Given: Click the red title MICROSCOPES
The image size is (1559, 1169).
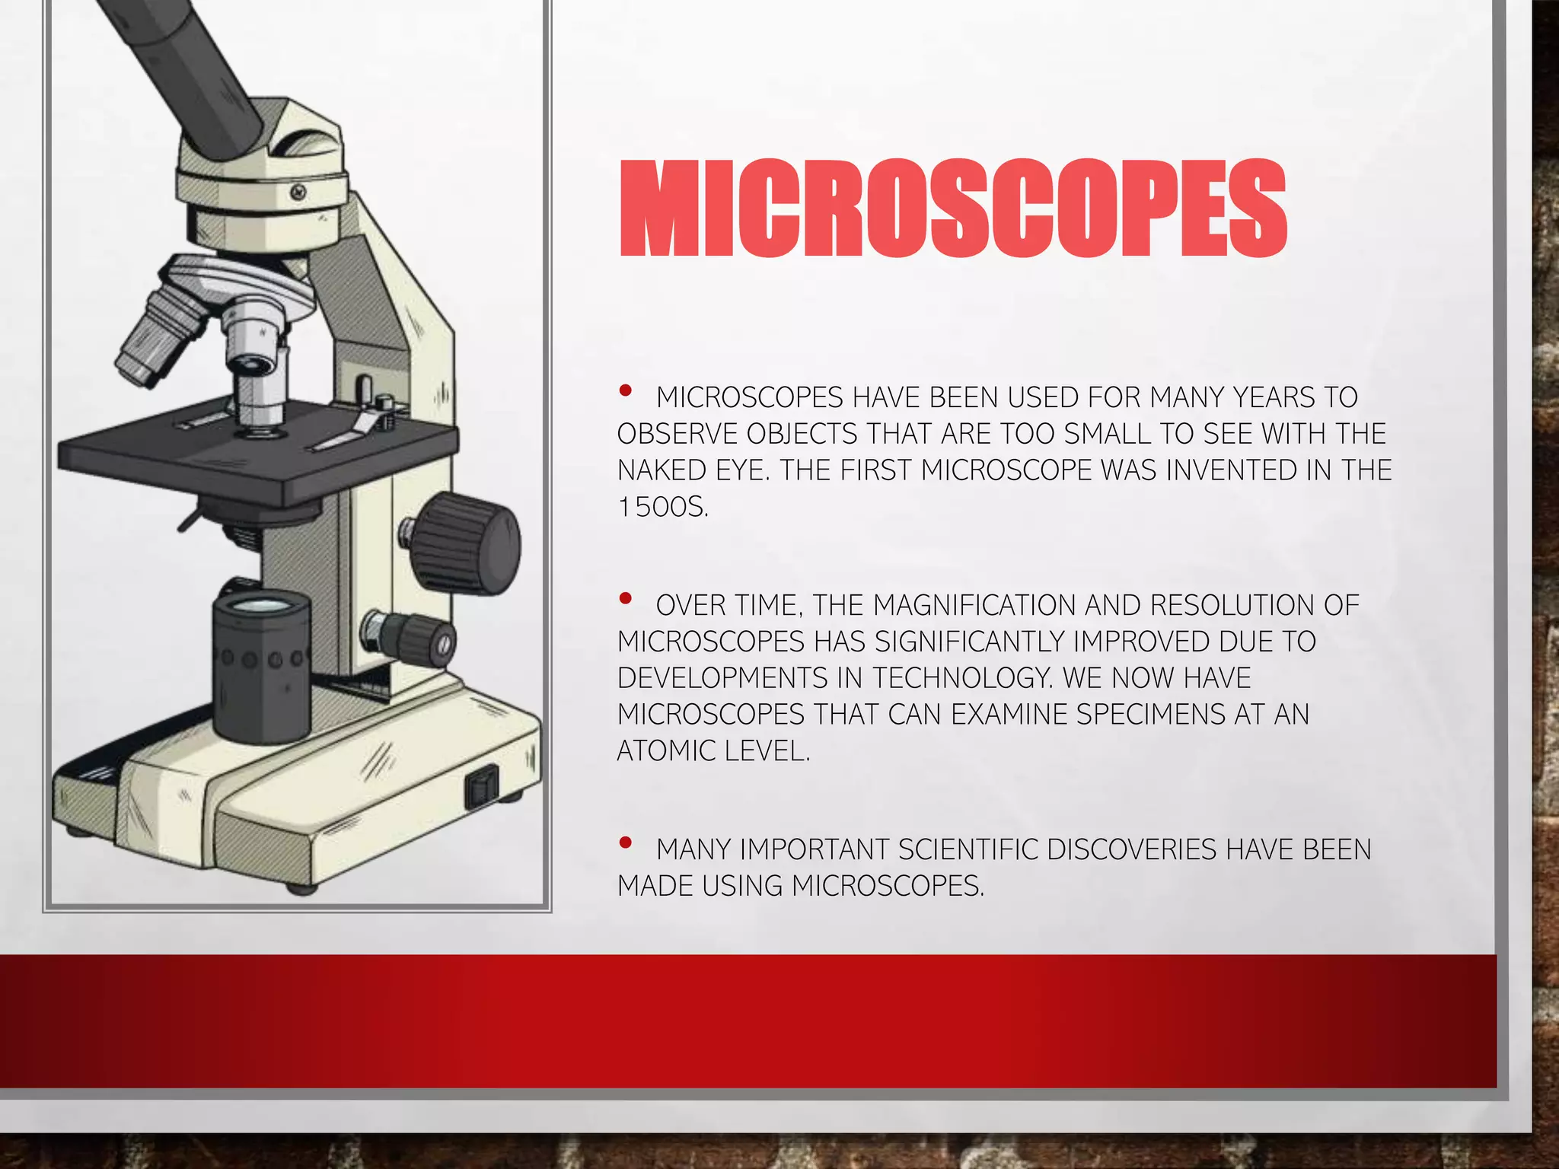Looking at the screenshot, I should [952, 209].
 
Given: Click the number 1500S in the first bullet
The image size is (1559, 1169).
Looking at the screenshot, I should [662, 507].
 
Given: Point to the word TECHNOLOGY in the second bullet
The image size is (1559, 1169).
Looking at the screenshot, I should [962, 677].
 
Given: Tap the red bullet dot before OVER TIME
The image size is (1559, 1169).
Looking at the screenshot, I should [626, 599].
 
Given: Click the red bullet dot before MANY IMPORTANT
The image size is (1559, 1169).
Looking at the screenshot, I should [626, 843].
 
